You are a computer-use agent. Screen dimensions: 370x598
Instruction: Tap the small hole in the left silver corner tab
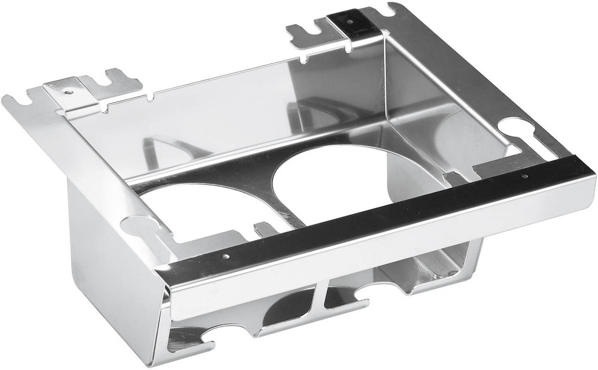(68, 92)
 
